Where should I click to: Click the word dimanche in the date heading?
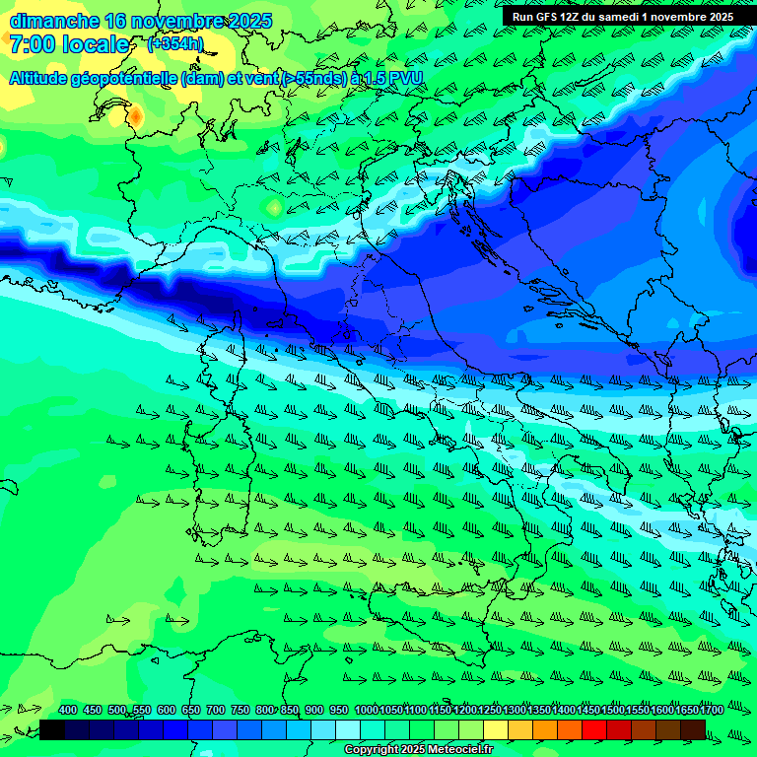[x=53, y=21]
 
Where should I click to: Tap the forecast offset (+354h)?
[x=174, y=44]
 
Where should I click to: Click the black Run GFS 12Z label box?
[x=624, y=16]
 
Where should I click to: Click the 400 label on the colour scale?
[x=68, y=710]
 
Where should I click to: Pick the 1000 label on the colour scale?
[x=366, y=710]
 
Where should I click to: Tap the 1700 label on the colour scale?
[x=711, y=710]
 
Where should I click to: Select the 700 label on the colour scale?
[x=216, y=710]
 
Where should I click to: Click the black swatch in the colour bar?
[x=52, y=729]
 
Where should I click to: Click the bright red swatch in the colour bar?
[x=594, y=729]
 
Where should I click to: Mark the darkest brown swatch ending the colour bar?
[x=693, y=729]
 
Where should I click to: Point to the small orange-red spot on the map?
[x=135, y=117]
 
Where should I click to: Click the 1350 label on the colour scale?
[x=538, y=710]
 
